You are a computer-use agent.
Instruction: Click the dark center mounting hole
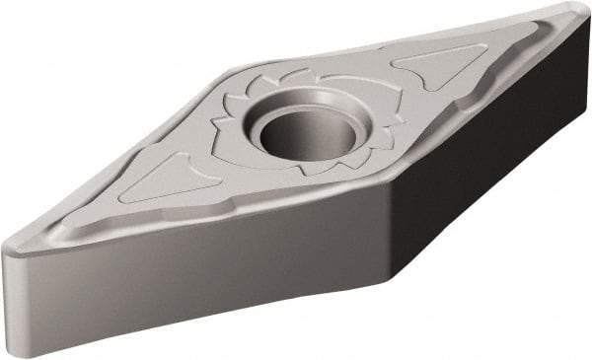[297, 130]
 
